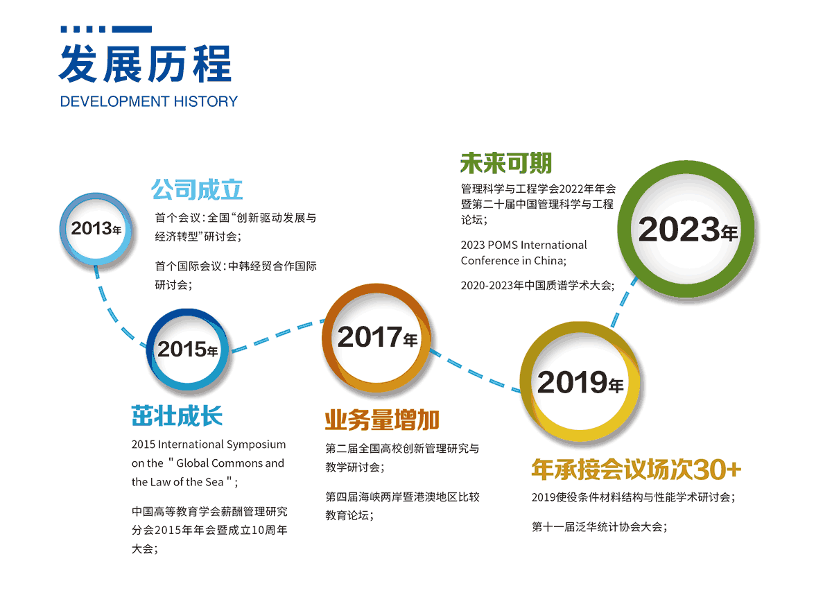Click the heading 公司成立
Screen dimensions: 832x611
[197, 190]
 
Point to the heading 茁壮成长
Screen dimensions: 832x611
[177, 415]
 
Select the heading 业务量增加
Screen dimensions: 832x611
[382, 420]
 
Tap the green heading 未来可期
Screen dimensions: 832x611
[506, 163]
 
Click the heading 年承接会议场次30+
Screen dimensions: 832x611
[636, 469]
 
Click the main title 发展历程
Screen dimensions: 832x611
[145, 64]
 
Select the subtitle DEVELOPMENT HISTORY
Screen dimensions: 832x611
[148, 101]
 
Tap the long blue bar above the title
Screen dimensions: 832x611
[132, 29]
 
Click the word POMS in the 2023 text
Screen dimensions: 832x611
[502, 245]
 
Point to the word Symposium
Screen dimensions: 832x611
[256, 445]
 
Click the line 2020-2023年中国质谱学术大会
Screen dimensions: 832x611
[537, 285]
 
